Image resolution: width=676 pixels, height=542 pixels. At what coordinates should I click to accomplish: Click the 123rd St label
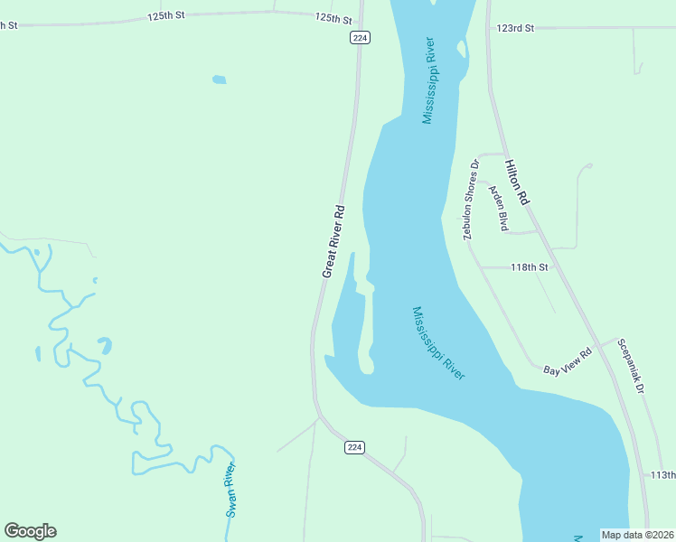coord(515,28)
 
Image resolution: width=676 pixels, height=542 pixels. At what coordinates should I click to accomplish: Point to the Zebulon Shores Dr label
coord(470,200)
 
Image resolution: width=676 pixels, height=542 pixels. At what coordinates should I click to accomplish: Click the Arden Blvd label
coord(497,209)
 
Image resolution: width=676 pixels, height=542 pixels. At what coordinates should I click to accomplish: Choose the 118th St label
coord(530,267)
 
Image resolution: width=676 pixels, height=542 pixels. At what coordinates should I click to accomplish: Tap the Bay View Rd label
coord(568,361)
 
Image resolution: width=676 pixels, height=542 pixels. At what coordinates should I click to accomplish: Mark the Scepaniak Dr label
coord(631,365)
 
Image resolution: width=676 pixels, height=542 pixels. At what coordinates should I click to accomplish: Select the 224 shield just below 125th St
coord(361,37)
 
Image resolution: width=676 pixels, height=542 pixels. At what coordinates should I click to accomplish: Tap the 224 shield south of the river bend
coord(355,447)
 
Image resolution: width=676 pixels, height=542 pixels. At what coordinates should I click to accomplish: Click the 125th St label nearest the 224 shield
coord(333,18)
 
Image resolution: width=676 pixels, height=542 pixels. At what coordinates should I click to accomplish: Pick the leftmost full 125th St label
coord(166,16)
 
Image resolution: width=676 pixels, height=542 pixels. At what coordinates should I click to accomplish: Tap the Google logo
coord(30,531)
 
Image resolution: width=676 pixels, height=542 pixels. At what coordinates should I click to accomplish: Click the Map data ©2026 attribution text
coord(637,535)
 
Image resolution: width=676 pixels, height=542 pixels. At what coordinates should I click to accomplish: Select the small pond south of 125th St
coord(219,79)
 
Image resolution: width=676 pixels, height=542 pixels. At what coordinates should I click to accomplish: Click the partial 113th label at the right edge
coord(663,475)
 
